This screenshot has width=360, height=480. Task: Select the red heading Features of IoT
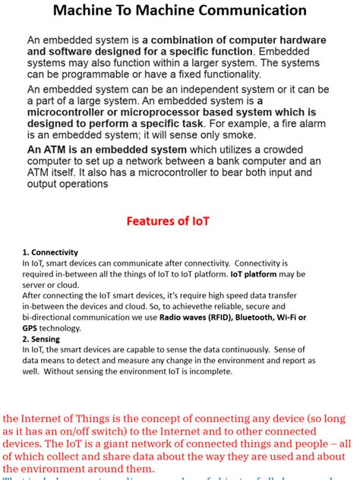(178, 221)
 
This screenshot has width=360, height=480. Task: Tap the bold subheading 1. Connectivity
(50, 252)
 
